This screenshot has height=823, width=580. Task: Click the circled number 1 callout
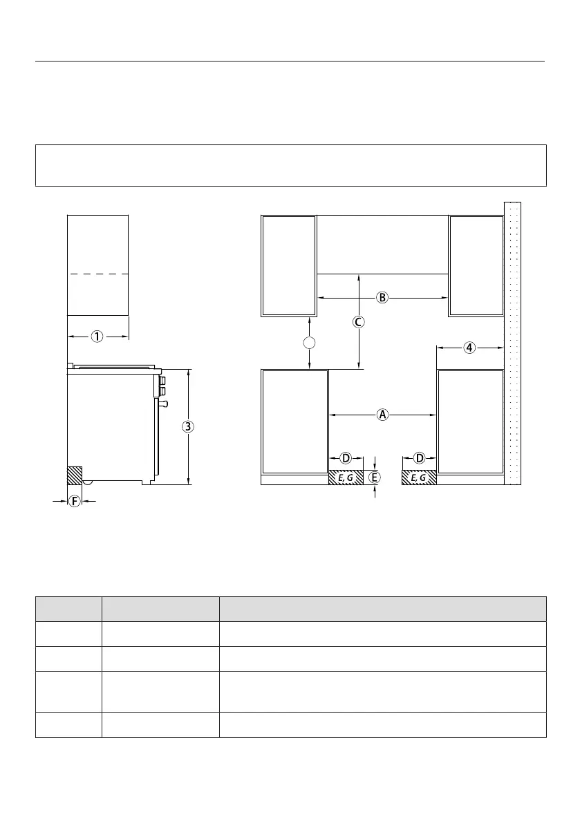(97, 337)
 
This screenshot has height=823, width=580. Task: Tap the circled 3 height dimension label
(188, 426)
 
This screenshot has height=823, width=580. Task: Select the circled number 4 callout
(470, 348)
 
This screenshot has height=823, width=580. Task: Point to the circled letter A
(383, 415)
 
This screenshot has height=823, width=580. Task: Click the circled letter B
(382, 298)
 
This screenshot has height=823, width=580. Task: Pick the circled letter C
(359, 322)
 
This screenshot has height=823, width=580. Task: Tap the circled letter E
(374, 477)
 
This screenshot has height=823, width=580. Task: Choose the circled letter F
(75, 501)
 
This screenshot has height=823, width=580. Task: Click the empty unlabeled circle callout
(310, 343)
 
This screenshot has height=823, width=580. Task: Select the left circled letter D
(346, 458)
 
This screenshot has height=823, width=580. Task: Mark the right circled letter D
(420, 458)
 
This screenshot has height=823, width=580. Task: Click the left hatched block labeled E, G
(346, 477)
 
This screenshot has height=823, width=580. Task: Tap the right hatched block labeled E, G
(420, 477)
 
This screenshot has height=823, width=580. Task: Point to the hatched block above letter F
(75, 475)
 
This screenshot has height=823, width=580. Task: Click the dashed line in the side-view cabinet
(98, 274)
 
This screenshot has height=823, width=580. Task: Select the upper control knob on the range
(162, 380)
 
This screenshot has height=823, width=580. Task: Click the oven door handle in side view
(164, 403)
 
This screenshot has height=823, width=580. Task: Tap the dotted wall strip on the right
(513, 343)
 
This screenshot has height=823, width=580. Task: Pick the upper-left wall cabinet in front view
(289, 266)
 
